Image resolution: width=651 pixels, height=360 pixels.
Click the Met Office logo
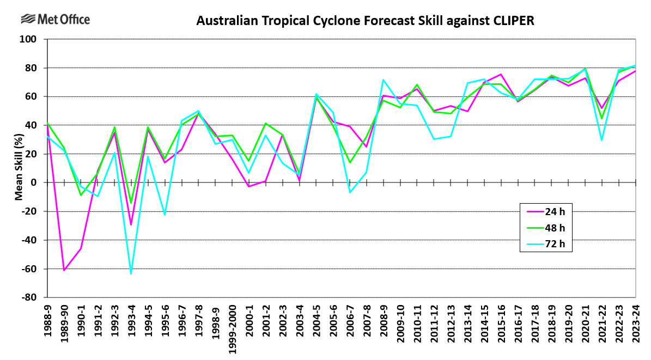click(x=55, y=20)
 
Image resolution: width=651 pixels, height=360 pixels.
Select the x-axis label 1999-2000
click(x=232, y=328)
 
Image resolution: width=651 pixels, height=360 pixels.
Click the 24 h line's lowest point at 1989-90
click(x=64, y=270)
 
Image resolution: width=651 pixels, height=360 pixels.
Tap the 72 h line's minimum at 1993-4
click(x=131, y=273)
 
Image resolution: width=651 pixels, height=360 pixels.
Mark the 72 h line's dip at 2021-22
click(x=602, y=140)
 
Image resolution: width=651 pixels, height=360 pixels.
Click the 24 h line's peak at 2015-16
click(x=501, y=74)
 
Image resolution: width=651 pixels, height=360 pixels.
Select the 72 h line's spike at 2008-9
click(x=383, y=80)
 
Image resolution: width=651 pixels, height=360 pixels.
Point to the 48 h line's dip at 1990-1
click(x=81, y=195)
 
